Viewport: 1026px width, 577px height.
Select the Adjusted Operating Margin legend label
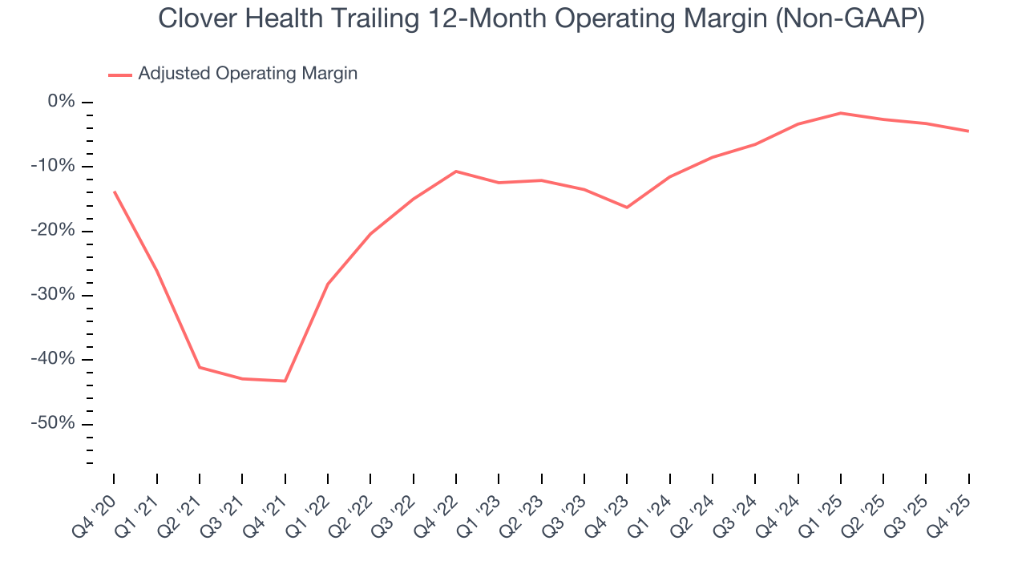pyautogui.click(x=248, y=74)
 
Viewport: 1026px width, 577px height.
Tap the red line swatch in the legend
pyautogui.click(x=120, y=75)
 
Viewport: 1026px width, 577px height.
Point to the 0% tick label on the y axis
pyautogui.click(x=62, y=102)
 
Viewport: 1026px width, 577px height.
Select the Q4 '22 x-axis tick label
pyautogui.click(x=438, y=506)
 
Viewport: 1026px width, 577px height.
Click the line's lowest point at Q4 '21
pyautogui.click(x=285, y=381)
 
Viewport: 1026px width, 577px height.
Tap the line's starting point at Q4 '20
pyautogui.click(x=114, y=192)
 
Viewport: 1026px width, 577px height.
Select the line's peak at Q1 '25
pyautogui.click(x=841, y=113)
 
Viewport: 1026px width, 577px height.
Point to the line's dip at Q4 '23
pyautogui.click(x=627, y=208)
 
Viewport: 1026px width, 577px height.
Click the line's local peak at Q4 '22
pyautogui.click(x=456, y=171)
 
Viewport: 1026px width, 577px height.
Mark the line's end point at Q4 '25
pyautogui.click(x=968, y=131)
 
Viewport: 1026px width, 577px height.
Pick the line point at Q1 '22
pyautogui.click(x=328, y=284)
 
